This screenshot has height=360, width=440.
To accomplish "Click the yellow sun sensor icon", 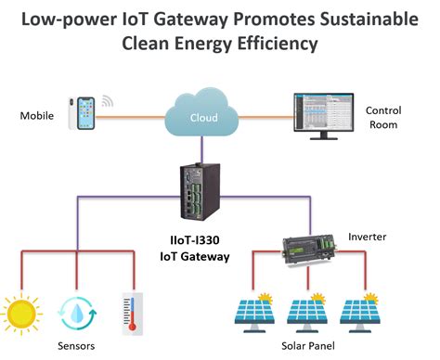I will click(27, 310).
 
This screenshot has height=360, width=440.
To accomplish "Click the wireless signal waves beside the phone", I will click(108, 101).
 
